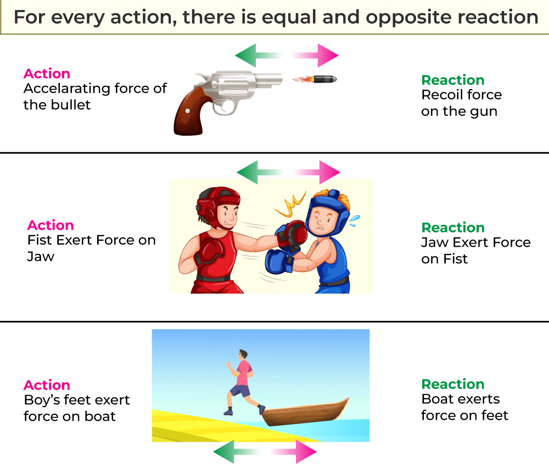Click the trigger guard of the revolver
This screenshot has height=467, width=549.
[225, 107]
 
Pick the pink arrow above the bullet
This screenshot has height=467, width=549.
[316, 55]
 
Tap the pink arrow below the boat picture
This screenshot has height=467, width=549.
[293, 452]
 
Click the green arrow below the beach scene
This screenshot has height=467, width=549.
[236, 452]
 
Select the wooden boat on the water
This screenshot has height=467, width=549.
[305, 412]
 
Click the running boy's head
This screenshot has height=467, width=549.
[243, 354]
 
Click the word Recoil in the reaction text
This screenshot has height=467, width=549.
[439, 94]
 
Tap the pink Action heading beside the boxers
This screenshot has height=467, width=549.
[51, 225]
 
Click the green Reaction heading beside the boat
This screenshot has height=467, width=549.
[453, 385]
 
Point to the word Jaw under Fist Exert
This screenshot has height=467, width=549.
[41, 257]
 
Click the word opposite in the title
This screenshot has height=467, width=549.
[408, 18]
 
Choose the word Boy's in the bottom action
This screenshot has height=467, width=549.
[42, 400]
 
